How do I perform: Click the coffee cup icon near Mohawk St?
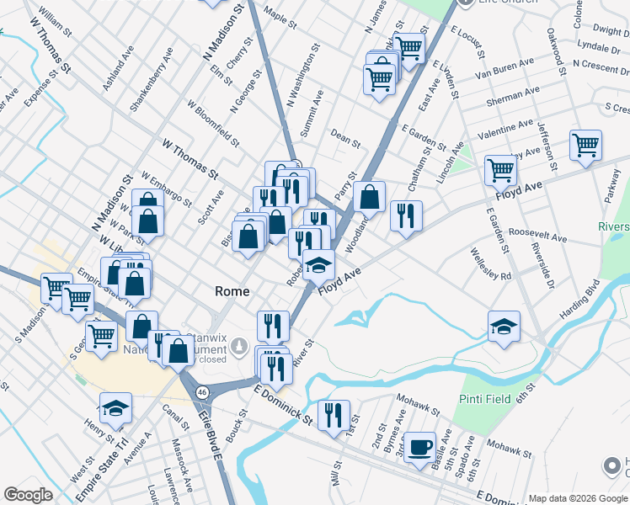[419, 446]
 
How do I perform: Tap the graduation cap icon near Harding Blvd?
[504, 326]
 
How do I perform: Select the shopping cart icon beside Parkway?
[585, 145]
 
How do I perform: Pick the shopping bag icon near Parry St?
[369, 197]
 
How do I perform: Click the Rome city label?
[232, 291]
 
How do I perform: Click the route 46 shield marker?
[202, 392]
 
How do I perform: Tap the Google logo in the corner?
[28, 495]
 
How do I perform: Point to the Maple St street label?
[280, 18]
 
